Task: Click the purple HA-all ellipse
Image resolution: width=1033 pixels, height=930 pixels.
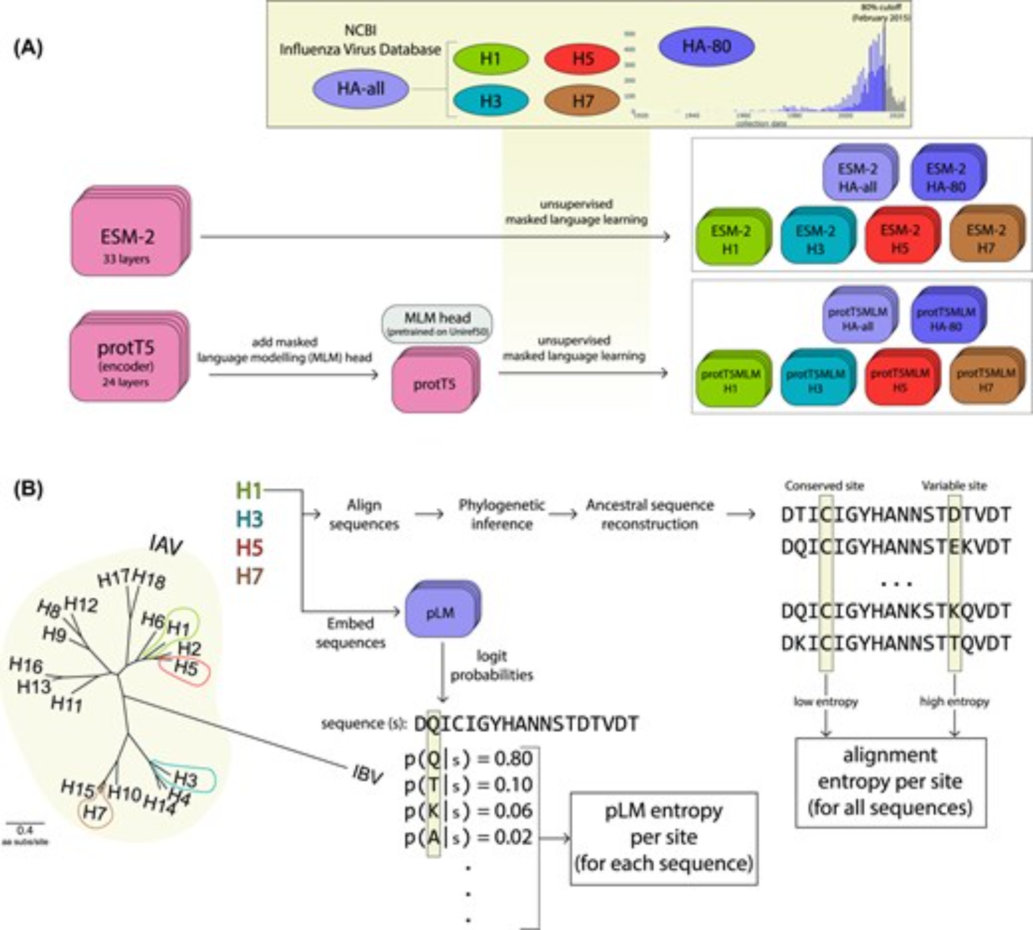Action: coord(361,89)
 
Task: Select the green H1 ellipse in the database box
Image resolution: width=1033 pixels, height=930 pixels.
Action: coord(491,59)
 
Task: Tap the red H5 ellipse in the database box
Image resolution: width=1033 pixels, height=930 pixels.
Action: coord(582,59)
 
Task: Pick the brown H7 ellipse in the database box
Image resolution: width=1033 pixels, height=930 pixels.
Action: coord(582,101)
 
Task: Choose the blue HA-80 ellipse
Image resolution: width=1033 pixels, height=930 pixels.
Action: coord(706,47)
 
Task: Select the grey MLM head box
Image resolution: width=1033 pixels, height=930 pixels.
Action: coord(437,323)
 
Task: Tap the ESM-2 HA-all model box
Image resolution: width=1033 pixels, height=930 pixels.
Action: coord(857,177)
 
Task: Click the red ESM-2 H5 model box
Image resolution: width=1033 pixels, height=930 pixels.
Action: coord(900,239)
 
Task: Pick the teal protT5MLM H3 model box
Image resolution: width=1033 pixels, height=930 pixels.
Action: coord(816,380)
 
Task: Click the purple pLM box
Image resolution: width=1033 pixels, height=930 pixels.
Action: coord(440,613)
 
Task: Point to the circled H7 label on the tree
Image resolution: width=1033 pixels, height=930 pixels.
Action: coord(95,813)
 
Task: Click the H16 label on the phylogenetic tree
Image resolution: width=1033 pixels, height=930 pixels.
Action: coord(26,665)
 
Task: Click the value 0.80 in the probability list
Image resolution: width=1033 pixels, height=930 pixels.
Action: coord(513,758)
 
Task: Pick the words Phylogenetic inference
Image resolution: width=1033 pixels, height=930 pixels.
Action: coord(502,514)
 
